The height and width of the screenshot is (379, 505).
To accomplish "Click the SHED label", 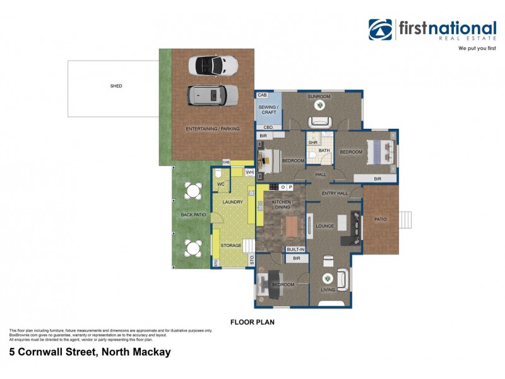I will point(116,86).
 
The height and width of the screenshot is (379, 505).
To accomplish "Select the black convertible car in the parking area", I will point(213,65).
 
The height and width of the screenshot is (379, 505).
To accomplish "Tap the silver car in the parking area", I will point(213,95).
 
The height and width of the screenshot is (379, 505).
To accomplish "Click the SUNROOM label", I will point(319,97).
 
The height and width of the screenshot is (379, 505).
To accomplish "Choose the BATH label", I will point(324,151).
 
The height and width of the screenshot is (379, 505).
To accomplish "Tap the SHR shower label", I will point(312,143).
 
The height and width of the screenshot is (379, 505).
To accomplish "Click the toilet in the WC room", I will point(218,174).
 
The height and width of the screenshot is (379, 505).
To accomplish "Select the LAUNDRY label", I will point(232,202).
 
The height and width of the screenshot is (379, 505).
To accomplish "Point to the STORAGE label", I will point(231,246).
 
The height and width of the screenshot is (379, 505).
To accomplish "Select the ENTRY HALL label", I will point(335,193).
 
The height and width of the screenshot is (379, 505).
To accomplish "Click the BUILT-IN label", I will point(296,250).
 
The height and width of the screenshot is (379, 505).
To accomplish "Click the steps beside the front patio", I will point(407,219).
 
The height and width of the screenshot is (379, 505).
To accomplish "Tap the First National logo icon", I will point(381,30).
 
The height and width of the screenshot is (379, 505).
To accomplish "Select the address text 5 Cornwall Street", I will point(90,352).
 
